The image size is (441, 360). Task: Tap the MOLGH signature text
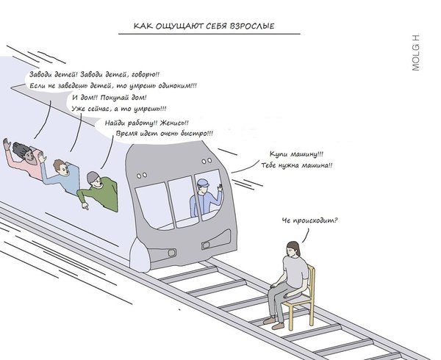point(415,54)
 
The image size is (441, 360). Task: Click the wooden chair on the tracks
point(301,301)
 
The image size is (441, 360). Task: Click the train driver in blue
point(204,201)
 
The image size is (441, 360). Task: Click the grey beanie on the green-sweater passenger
point(92,176)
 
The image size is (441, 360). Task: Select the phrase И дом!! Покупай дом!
point(110,98)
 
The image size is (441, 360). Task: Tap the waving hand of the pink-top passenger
point(8,145)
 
